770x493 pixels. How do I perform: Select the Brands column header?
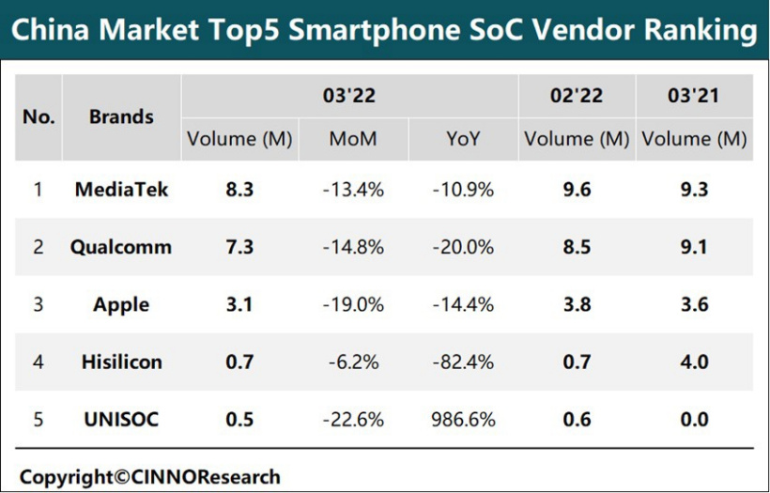[121, 117]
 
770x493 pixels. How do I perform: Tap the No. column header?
[38, 117]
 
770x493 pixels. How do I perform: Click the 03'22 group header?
[349, 96]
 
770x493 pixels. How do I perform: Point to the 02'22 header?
[577, 96]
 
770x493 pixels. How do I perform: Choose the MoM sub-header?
[353, 139]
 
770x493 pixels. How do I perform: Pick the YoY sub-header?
[463, 139]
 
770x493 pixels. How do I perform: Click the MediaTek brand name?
[121, 190]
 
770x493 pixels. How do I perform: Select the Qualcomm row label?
[121, 248]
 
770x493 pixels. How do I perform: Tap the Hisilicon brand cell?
[121, 362]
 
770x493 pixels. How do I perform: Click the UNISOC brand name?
[121, 419]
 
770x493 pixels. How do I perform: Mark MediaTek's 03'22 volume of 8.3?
[239, 190]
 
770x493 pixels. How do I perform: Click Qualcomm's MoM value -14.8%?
[353, 248]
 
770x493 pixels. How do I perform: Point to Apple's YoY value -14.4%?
[463, 305]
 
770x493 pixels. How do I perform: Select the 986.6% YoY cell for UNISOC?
[463, 419]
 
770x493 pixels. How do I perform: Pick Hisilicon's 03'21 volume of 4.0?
[694, 362]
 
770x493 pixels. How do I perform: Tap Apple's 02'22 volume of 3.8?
[577, 305]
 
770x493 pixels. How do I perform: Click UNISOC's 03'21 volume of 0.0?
[694, 419]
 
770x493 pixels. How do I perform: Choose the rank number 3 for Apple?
[38, 305]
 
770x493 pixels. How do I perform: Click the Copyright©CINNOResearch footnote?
[150, 476]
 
